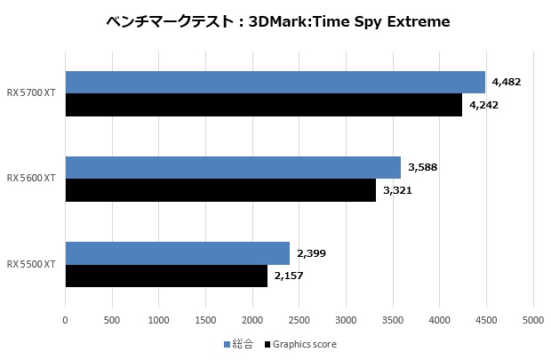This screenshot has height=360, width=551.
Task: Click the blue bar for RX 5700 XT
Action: (x=275, y=82)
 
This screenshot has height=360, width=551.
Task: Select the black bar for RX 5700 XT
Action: (x=264, y=105)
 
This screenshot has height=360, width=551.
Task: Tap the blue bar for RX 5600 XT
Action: (x=233, y=167)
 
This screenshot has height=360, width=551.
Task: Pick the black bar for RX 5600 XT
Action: (x=220, y=190)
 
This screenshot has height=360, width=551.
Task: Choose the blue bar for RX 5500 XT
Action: (x=178, y=253)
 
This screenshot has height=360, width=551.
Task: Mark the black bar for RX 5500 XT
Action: (x=166, y=276)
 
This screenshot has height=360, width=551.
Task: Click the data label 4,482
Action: (x=506, y=82)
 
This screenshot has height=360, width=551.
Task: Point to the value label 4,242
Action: (x=483, y=105)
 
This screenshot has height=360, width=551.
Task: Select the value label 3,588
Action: (x=422, y=167)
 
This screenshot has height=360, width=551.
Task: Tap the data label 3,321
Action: (x=397, y=190)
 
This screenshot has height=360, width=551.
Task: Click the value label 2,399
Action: (x=310, y=253)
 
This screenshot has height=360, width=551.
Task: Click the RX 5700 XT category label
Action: (x=31, y=93)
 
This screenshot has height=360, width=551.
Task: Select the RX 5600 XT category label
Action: (x=31, y=179)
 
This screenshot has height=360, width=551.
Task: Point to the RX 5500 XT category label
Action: (x=31, y=265)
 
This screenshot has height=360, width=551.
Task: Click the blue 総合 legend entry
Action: (x=238, y=344)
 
